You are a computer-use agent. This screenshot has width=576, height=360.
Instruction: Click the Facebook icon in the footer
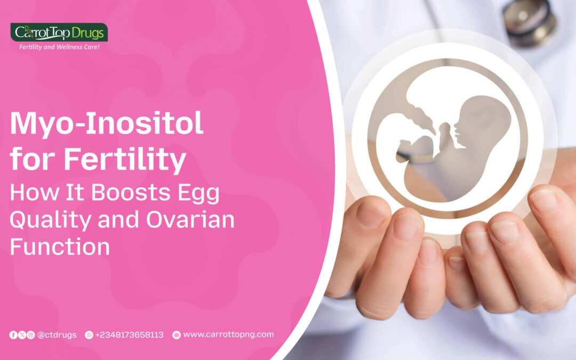[13, 335]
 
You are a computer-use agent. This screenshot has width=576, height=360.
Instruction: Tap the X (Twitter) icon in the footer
[22, 335]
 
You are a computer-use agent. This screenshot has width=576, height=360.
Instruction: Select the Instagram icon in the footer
[30, 335]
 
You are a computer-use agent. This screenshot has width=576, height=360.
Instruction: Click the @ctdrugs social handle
[57, 335]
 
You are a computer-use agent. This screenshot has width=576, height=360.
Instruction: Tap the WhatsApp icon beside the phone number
[89, 335]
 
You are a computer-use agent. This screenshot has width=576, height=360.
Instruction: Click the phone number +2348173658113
[130, 335]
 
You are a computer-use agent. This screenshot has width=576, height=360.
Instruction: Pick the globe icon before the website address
[177, 335]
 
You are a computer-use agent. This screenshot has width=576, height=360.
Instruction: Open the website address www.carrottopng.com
[228, 334]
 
